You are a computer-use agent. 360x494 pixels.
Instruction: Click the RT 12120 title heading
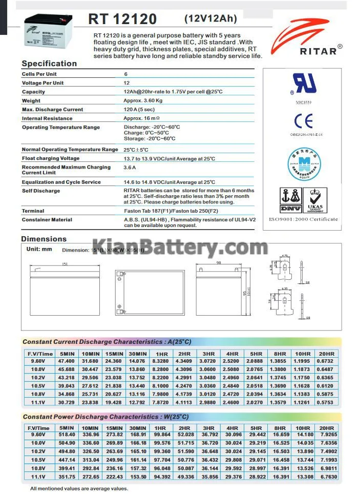pyautogui.click(x=122, y=19)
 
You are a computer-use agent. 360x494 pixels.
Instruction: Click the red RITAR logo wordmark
pyautogui.click(x=319, y=50)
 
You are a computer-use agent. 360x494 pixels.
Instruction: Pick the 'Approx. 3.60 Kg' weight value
pyautogui.click(x=143, y=101)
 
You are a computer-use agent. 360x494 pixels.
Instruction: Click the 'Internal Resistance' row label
pyautogui.click(x=47, y=118)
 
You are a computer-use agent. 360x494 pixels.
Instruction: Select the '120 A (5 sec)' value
pyautogui.click(x=139, y=110)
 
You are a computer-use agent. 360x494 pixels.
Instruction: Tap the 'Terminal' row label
pyautogui.click(x=33, y=211)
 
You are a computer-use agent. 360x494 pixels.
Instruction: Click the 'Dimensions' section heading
pyautogui.click(x=44, y=239)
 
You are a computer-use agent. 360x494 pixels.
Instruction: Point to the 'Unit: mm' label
pyautogui.click(x=39, y=249)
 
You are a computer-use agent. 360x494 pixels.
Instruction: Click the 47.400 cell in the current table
pyautogui.click(x=67, y=362)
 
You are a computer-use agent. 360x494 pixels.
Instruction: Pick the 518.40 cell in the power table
pyautogui.click(x=67, y=435)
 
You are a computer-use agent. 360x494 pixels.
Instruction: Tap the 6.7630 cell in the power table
pyautogui.click(x=326, y=476)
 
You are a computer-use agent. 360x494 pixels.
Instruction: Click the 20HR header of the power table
pyautogui.click(x=326, y=427)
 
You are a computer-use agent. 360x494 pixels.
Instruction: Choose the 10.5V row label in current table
pyautogui.click(x=38, y=386)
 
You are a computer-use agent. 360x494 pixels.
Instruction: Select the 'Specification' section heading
pyautogui.click(x=49, y=64)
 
